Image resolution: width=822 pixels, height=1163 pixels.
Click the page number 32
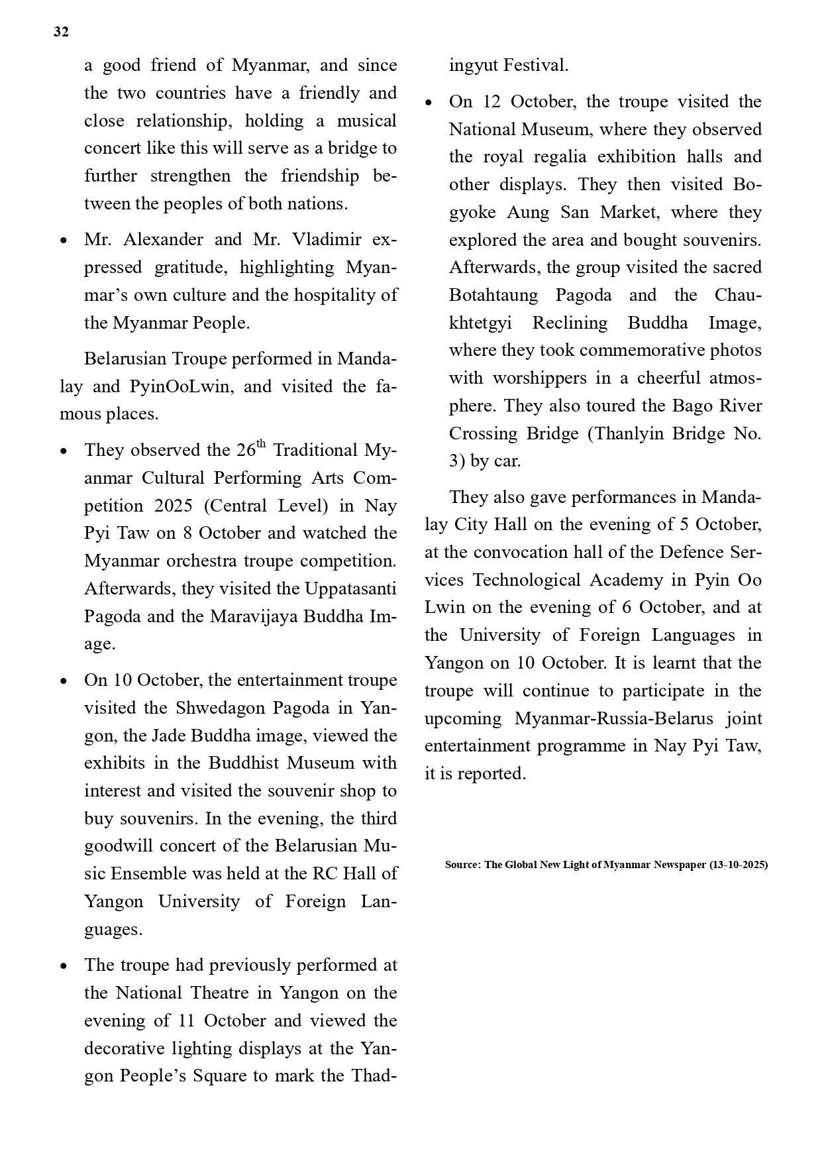(x=61, y=32)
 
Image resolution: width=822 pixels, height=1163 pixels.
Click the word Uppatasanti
(x=350, y=588)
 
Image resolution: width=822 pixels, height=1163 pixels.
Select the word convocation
(x=523, y=552)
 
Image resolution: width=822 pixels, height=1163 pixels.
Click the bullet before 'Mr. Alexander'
(x=64, y=241)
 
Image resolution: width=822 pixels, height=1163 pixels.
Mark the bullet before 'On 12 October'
(x=429, y=103)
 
